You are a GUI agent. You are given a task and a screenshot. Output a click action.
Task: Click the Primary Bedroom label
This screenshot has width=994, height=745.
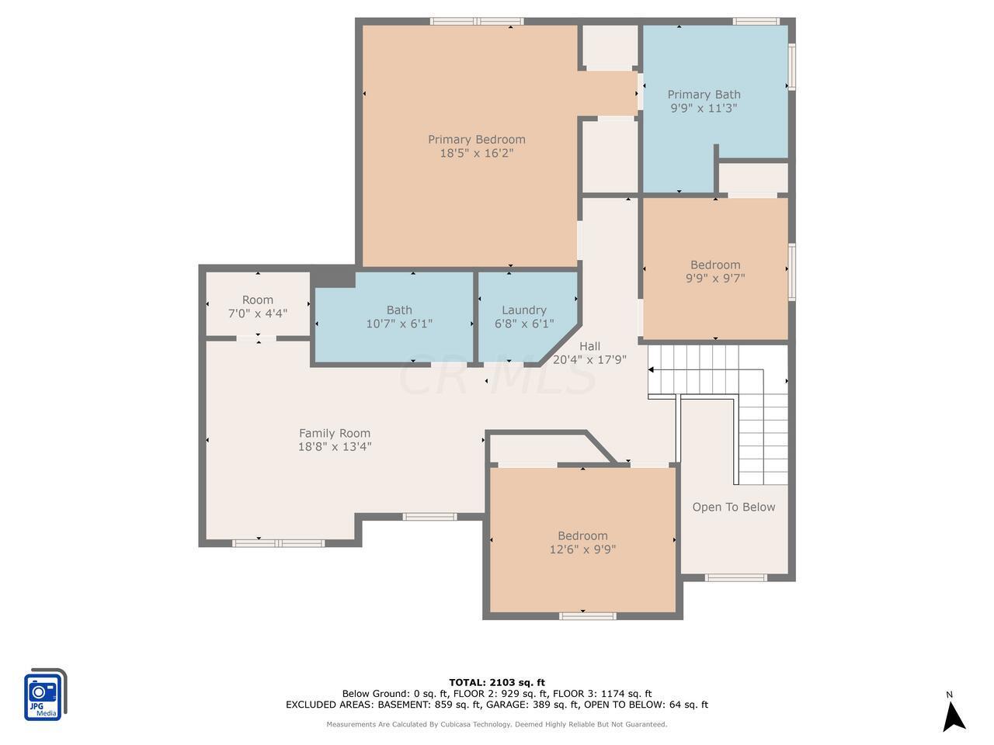[x=476, y=140]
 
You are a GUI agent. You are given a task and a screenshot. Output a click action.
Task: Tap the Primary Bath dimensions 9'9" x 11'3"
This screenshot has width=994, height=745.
[x=704, y=108]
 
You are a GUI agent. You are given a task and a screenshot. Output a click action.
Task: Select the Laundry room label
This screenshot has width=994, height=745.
[x=524, y=310]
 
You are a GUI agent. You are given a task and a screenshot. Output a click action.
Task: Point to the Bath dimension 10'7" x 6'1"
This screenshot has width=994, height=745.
[x=399, y=324]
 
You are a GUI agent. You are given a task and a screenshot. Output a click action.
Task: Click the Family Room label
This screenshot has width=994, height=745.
[x=335, y=433]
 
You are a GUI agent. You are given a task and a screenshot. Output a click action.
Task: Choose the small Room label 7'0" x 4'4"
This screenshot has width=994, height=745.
[x=258, y=307]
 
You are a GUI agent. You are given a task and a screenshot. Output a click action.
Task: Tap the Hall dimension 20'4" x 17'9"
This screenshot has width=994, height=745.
[x=589, y=359]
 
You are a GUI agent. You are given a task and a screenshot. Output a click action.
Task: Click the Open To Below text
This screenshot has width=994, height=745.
[x=734, y=507]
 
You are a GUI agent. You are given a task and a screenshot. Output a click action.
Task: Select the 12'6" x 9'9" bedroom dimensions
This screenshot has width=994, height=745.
[x=582, y=549]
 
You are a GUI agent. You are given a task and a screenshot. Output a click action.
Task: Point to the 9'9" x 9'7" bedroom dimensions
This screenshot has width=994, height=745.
[x=715, y=278]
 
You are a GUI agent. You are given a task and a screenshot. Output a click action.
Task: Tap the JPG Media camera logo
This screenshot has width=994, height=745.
[x=45, y=695]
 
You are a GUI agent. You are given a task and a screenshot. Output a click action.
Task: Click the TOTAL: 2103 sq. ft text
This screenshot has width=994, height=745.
[x=497, y=683]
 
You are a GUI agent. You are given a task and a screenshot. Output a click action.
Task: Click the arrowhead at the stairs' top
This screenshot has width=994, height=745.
[x=651, y=370]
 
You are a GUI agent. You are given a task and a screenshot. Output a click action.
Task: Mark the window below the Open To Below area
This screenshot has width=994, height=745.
[x=735, y=577]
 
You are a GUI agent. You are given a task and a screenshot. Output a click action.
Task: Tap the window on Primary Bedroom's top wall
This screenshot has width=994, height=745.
[x=477, y=21]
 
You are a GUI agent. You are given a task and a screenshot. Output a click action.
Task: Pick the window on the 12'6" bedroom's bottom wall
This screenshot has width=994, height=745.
[x=587, y=615]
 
